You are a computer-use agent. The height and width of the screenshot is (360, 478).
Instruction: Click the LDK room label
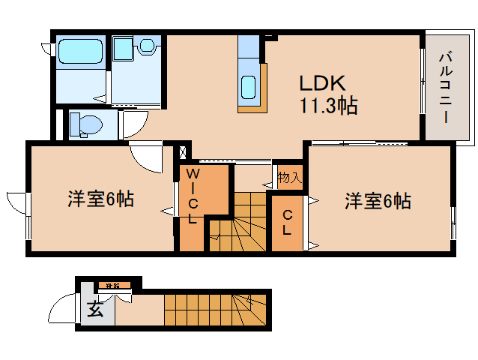323,82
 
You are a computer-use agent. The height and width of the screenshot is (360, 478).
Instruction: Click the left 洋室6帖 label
100,199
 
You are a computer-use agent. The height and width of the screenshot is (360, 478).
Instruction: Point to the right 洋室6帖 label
377,201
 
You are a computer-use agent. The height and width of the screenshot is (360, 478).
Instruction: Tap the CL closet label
287,223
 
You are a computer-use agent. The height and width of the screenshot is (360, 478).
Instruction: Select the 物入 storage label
288,178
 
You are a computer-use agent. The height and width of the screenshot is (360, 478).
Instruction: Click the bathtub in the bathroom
82,53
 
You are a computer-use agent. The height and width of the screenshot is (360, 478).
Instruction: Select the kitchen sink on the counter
248,88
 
